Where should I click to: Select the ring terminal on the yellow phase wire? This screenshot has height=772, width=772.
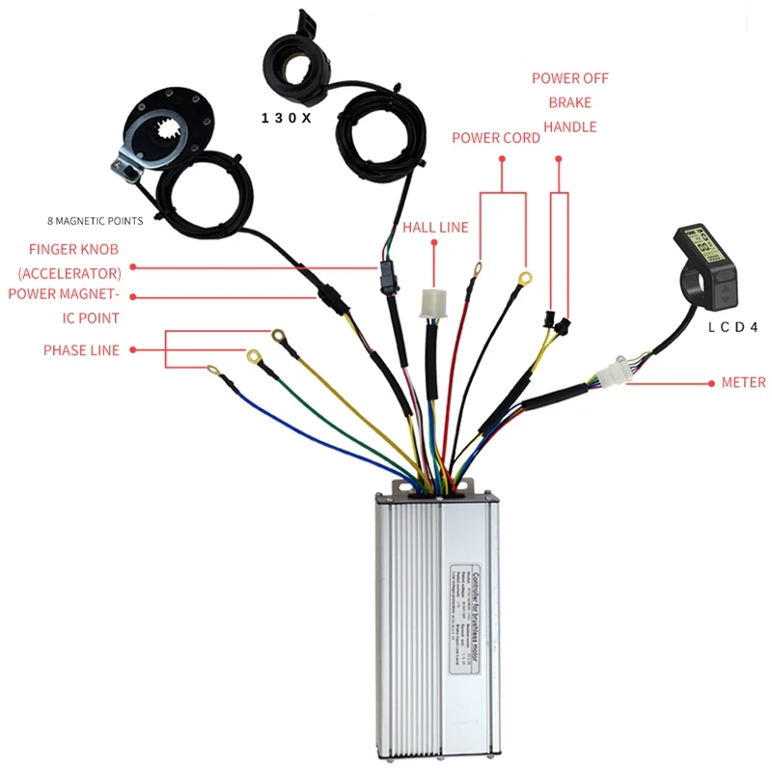tap(278, 336)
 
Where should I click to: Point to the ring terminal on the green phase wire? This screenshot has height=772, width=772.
tap(255, 356)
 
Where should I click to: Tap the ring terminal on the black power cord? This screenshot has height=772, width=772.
tap(524, 280)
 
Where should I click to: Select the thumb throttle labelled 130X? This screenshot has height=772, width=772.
tap(295, 59)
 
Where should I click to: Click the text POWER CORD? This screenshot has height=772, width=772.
tap(496, 138)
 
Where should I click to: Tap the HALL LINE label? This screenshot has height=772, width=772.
tap(435, 228)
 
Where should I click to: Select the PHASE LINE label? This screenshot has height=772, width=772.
tap(81, 350)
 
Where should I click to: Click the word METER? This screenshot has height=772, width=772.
tap(743, 383)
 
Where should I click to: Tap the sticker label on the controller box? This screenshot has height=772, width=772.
tap(469, 599)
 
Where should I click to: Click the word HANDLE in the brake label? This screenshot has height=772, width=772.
tap(569, 126)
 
